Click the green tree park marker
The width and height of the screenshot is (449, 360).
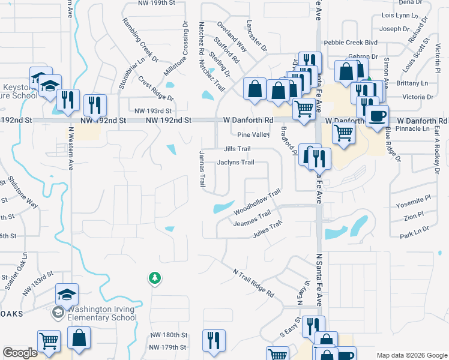155,278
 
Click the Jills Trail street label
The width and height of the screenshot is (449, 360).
237,149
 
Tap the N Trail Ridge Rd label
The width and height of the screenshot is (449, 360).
253,283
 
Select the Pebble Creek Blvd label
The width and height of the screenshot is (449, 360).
351,43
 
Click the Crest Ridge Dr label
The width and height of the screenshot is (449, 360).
155,88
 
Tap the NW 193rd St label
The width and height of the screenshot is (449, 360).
153,111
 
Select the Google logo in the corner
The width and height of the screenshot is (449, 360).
20,353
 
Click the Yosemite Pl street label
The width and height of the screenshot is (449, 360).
414,205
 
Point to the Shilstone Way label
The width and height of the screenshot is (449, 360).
23,193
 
